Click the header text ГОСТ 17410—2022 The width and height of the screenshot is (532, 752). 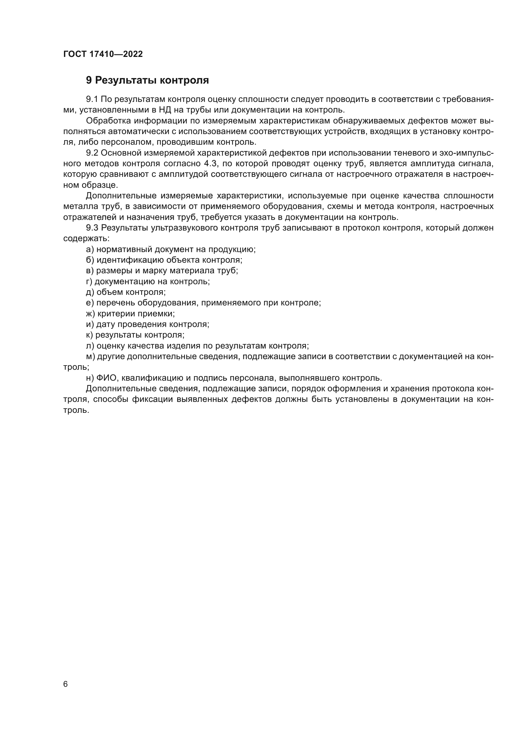(103, 54)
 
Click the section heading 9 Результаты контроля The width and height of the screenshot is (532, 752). (147, 80)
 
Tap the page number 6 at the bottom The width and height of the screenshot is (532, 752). (65, 684)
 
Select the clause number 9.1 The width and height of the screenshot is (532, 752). (92, 99)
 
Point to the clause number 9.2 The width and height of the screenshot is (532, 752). (92, 153)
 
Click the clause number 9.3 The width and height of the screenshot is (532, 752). (92, 228)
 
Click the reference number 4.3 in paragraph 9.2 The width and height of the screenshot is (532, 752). (210, 164)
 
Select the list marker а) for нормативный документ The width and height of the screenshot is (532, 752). (90, 249)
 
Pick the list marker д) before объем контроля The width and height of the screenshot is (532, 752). (90, 292)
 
